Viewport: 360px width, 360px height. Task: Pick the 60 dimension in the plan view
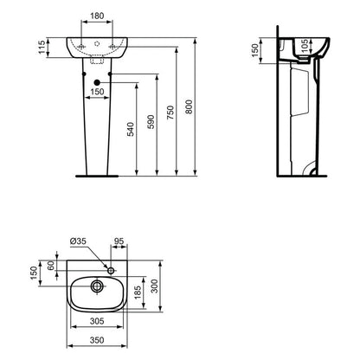click(x=51, y=268)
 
